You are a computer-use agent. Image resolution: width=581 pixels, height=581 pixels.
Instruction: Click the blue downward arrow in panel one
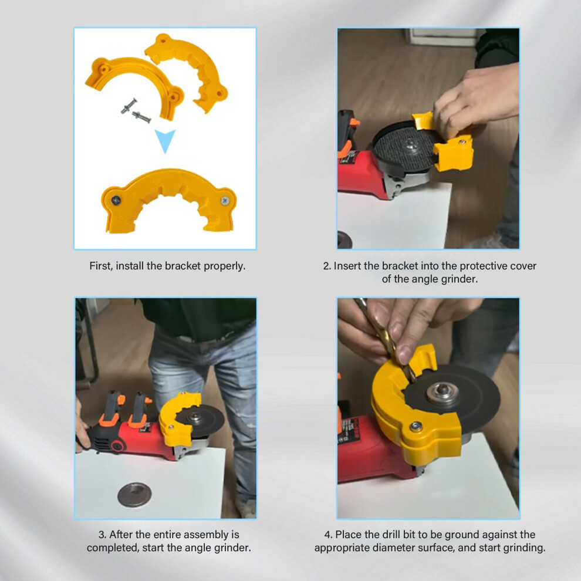click(x=165, y=140)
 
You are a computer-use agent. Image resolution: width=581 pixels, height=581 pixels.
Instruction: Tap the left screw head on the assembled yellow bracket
click(x=116, y=201)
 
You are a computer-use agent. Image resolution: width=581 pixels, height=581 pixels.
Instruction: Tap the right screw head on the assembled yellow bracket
click(x=225, y=201)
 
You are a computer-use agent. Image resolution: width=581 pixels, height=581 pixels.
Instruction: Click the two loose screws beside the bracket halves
click(x=136, y=111)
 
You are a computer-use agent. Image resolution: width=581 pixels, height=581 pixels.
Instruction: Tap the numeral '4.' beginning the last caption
click(x=328, y=535)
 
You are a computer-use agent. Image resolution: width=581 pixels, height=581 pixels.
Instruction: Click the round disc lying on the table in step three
click(x=134, y=495)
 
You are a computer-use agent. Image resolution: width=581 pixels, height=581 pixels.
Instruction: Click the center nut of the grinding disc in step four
click(x=442, y=393)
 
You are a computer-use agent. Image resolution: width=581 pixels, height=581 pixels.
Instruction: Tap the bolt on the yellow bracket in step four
click(x=416, y=427)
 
